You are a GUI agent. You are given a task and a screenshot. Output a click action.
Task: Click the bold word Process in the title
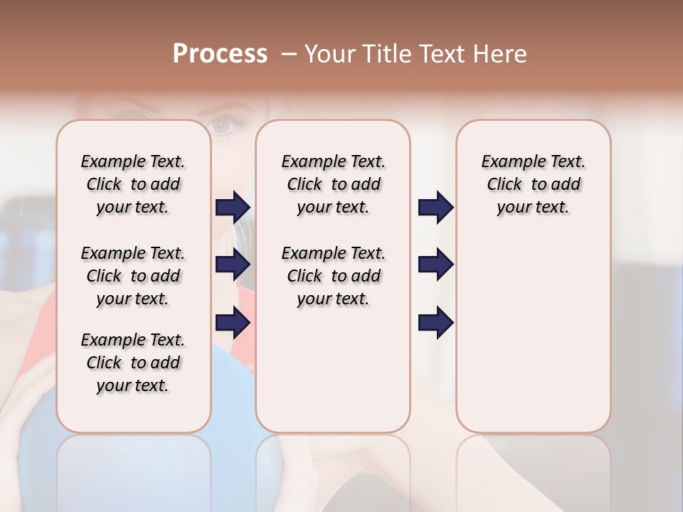click(220, 54)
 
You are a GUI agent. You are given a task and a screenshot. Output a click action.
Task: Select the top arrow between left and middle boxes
click(233, 208)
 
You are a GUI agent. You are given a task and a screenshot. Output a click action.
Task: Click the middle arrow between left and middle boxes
click(233, 265)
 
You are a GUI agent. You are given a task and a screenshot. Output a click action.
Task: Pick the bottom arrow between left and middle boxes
click(233, 323)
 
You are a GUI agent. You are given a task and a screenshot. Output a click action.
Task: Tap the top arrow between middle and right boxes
click(435, 208)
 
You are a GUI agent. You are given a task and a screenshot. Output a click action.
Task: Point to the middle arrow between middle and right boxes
click(435, 265)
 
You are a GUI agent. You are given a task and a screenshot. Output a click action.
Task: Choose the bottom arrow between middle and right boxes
click(435, 323)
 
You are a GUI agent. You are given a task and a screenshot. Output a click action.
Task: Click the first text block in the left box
click(133, 184)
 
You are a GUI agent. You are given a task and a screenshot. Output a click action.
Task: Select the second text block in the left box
click(133, 276)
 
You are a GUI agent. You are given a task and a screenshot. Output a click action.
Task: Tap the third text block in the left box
click(133, 363)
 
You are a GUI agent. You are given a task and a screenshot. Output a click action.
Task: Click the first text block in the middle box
click(334, 184)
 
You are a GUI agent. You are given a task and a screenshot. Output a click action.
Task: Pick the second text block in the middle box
click(334, 276)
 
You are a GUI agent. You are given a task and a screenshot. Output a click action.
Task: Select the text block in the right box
click(534, 184)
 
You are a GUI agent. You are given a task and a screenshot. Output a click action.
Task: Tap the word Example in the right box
click(508, 162)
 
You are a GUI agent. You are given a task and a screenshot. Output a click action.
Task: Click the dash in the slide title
click(289, 54)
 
